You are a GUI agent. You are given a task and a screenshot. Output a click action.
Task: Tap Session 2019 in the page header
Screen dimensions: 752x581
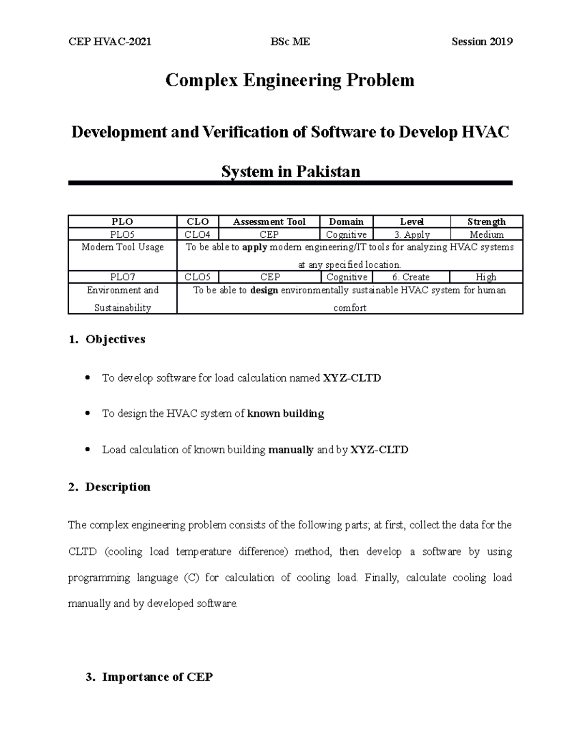point(482,42)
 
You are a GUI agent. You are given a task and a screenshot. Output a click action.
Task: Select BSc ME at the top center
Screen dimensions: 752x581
point(290,42)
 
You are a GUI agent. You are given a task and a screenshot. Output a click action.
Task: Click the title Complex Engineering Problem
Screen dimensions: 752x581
point(290,80)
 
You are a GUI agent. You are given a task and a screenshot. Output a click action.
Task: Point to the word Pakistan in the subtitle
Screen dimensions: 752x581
point(328,171)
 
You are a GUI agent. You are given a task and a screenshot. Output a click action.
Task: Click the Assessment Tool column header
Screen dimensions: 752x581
point(269,222)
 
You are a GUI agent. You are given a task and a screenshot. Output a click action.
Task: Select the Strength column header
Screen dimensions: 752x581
point(486,222)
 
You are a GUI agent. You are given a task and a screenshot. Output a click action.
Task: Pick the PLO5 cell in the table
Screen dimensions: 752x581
point(122,234)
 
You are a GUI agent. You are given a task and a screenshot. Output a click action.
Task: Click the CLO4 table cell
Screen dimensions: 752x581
point(198,234)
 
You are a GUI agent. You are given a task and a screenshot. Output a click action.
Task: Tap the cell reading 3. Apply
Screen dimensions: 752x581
point(412,234)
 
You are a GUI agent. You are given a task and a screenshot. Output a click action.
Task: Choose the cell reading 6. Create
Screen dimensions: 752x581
point(411,277)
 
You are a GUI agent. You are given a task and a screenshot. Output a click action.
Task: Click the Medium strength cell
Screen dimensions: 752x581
point(487,234)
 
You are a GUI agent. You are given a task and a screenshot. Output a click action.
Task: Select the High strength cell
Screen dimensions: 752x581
point(486,277)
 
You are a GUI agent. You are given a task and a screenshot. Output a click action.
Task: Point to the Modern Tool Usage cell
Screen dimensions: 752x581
point(122,247)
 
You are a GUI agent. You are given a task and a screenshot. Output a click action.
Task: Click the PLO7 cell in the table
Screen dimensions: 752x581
point(122,277)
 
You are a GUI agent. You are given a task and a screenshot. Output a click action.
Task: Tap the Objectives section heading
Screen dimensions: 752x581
point(115,339)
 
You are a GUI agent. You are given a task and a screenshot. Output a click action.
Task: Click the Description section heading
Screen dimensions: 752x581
point(118,487)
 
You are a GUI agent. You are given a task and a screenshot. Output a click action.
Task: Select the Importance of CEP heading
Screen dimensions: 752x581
point(157,677)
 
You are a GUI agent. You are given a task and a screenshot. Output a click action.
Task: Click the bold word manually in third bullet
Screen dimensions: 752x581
point(291,450)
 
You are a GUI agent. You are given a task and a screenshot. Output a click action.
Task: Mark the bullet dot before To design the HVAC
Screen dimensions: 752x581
point(88,414)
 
